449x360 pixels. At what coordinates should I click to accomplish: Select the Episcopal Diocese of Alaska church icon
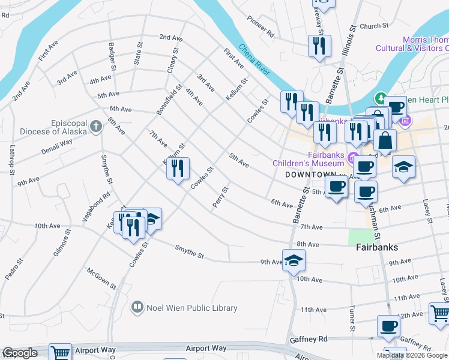(95, 127)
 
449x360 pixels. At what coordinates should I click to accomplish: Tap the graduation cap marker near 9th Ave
(294, 260)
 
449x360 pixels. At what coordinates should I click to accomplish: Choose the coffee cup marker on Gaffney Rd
(388, 326)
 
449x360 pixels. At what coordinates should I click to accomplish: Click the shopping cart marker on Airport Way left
(60, 353)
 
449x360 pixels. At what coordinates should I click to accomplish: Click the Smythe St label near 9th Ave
(190, 252)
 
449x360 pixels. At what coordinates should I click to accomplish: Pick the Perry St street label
(220, 197)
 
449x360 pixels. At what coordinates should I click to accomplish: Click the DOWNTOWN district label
(308, 174)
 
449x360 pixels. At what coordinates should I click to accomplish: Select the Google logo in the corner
(20, 353)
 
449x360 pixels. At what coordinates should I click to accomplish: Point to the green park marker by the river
(380, 98)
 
